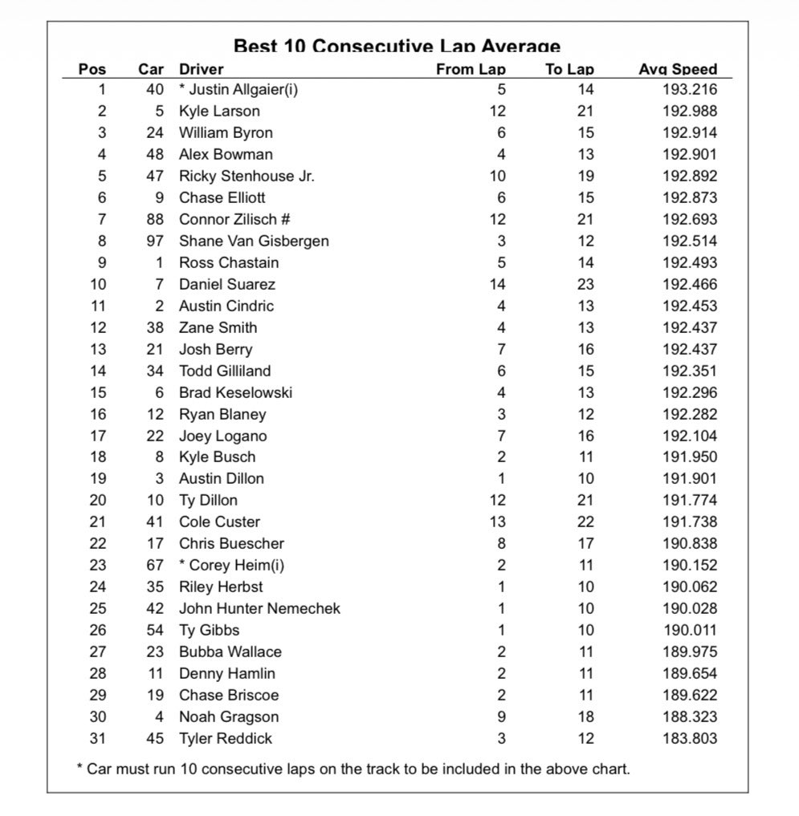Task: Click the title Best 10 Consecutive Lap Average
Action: tap(397, 47)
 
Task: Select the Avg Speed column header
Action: tap(677, 69)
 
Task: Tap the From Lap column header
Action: tap(471, 69)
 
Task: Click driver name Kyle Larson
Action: tap(219, 111)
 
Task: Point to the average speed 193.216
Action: tap(690, 89)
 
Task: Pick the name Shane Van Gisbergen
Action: tap(254, 241)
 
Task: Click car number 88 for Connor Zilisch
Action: tap(155, 219)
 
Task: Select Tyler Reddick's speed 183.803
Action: tap(690, 738)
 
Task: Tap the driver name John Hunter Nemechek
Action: tap(259, 608)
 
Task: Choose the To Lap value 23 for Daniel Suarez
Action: tap(585, 284)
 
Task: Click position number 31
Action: tap(97, 738)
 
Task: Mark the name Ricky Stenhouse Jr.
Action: tap(247, 176)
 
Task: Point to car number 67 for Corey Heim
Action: tap(155, 565)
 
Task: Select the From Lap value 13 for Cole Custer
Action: tap(497, 522)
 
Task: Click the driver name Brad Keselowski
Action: tap(235, 392)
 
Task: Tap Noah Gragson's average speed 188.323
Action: tap(690, 717)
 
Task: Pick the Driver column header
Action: tap(201, 69)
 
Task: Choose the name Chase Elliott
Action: tap(222, 197)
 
